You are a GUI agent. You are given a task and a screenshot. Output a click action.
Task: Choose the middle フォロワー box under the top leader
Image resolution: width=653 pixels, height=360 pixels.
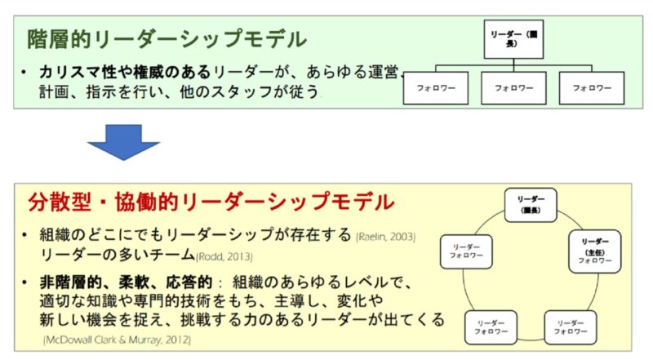[512, 87]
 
